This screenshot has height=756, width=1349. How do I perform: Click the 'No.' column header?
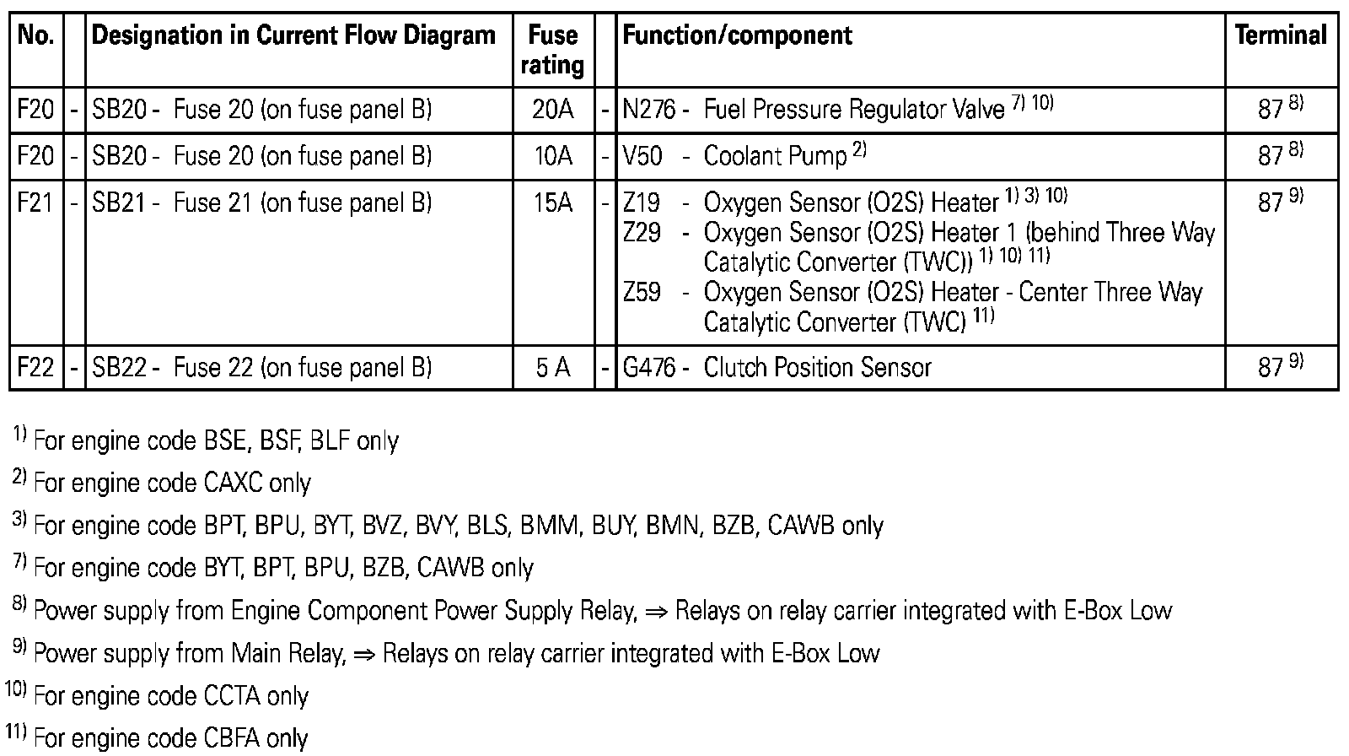35,35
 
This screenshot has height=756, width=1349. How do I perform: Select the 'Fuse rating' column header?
552,50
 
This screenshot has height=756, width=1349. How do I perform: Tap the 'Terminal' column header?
1280,35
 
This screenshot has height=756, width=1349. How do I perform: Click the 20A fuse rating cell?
552,110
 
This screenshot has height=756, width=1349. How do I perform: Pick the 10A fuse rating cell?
552,156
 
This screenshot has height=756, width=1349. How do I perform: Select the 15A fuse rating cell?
552,203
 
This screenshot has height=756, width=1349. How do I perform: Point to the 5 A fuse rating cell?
552,368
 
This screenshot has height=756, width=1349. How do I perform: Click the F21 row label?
35,203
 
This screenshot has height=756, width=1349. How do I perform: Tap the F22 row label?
35,368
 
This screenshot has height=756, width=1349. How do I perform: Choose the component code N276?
648,110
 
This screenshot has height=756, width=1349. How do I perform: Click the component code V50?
642,156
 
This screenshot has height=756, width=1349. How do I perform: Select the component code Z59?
642,293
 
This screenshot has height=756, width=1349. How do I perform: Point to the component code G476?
648,368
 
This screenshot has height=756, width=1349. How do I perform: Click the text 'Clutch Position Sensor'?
817,368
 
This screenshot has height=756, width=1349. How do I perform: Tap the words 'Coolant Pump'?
775,156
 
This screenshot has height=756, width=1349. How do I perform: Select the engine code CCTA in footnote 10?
232,696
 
